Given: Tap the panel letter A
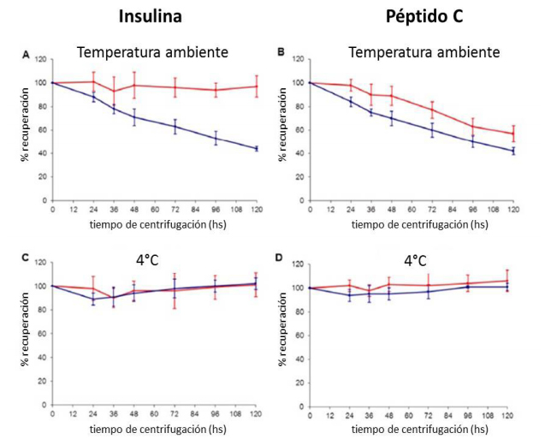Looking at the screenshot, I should click(27, 55).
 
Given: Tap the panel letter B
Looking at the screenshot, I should click(281, 52).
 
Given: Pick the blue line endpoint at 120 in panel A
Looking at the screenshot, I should click(255, 148).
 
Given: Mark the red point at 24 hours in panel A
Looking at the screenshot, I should click(93, 81).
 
